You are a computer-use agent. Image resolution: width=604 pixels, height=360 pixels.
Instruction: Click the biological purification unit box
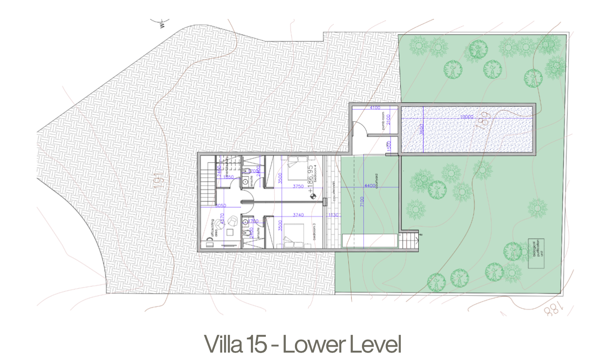(536, 253)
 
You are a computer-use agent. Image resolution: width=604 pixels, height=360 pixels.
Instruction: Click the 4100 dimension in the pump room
(375, 108)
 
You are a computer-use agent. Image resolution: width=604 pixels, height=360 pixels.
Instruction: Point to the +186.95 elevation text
(310, 176)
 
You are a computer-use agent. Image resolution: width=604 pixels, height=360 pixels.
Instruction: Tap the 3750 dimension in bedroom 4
(298, 187)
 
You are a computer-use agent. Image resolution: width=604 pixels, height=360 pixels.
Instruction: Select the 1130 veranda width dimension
(333, 215)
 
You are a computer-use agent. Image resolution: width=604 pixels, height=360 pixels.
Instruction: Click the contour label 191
(159, 180)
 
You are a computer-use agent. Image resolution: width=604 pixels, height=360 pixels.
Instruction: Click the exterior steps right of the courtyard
(412, 240)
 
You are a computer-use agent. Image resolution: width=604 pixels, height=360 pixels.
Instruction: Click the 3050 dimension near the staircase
(220, 206)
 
